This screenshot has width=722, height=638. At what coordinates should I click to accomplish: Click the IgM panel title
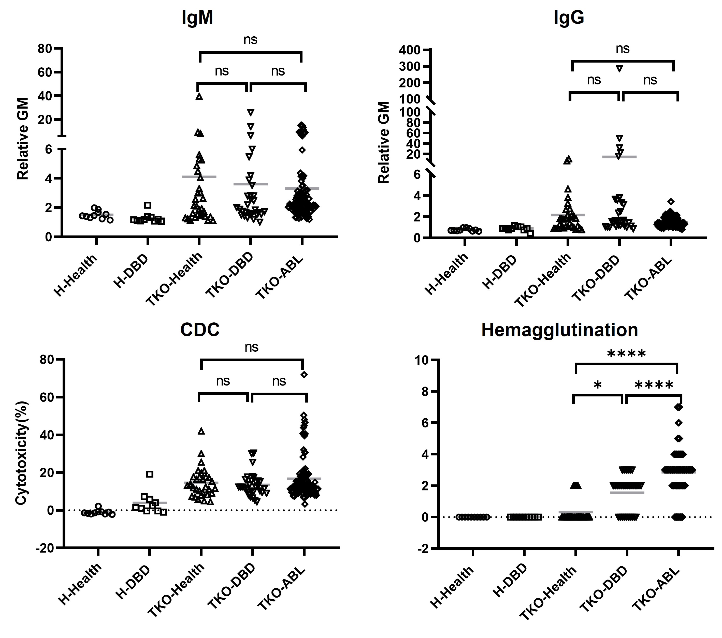point(197,18)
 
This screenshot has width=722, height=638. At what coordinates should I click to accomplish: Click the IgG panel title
point(569,18)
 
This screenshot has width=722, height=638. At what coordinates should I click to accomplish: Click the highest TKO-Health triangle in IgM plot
point(199,96)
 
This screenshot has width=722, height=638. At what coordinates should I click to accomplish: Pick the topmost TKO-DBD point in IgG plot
point(619,68)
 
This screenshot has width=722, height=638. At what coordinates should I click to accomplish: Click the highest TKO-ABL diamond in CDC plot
point(304,375)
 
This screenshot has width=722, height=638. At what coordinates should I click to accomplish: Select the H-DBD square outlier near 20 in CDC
point(150,474)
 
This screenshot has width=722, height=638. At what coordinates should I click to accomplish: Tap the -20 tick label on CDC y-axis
point(45,548)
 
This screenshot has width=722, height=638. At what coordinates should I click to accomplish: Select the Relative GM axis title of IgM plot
point(23,139)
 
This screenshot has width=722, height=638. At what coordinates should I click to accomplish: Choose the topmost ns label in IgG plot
point(622,49)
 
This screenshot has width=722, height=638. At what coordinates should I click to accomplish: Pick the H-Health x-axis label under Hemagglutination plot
point(452,587)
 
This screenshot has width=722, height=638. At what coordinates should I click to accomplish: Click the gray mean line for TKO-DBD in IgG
point(619,157)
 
